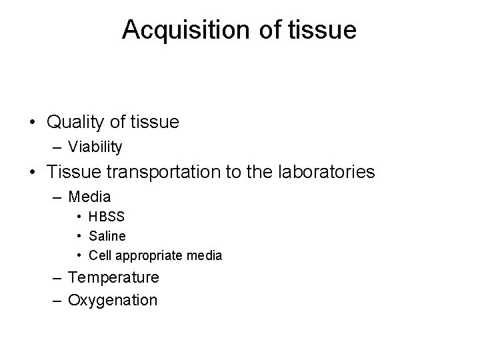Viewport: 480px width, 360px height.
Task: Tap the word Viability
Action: (x=95, y=147)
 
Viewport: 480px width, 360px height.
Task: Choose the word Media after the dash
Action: (x=89, y=197)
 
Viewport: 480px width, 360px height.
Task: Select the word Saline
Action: (x=107, y=236)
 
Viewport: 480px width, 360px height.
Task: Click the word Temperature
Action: (x=113, y=277)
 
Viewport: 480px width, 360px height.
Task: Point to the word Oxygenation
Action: (x=113, y=300)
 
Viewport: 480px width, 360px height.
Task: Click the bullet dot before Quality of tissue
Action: (x=31, y=123)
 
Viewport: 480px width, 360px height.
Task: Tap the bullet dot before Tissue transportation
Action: (x=31, y=173)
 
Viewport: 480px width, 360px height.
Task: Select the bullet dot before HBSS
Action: (x=79, y=217)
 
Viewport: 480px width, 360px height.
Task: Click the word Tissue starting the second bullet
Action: (x=69, y=172)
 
